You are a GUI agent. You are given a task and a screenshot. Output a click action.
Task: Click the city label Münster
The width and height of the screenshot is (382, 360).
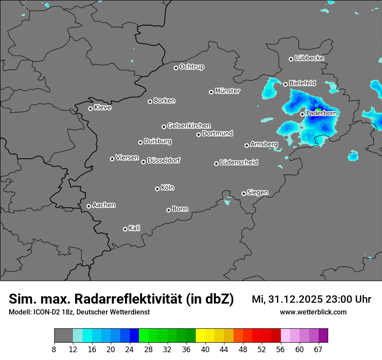pyautogui.click(x=227, y=91)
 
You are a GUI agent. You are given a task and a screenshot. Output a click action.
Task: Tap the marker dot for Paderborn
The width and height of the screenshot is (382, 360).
pyautogui.click(x=303, y=114)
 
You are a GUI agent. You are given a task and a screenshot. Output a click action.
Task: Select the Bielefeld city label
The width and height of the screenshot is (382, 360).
pyautogui.click(x=303, y=83)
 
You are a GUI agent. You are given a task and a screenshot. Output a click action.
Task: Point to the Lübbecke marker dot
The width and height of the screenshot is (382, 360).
pyautogui.click(x=291, y=59)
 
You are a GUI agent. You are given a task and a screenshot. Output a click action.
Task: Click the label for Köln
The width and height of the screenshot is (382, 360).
pyautogui.click(x=168, y=188)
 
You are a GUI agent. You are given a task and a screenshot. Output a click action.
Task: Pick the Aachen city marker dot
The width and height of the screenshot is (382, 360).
pyautogui.click(x=89, y=206)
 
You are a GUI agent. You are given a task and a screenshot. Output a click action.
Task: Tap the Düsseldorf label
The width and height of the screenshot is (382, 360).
pyautogui.click(x=164, y=160)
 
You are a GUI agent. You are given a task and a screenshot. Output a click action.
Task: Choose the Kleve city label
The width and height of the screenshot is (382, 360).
pyautogui.click(x=102, y=108)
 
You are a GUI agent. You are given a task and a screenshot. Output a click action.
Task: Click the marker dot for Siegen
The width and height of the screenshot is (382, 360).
pyautogui.click(x=244, y=193)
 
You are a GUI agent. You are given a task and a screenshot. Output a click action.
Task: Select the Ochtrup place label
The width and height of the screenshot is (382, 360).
pyautogui.click(x=192, y=67)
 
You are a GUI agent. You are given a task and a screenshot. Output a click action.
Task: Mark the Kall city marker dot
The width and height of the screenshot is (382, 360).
pyautogui.click(x=125, y=229)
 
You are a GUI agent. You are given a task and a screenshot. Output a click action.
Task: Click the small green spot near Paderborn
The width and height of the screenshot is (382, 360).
pyautogui.click(x=318, y=110)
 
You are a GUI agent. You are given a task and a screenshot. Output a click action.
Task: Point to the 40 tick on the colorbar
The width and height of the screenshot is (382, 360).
pyautogui.click(x=205, y=349)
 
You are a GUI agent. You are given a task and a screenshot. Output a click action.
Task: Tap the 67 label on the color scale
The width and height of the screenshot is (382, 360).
pyautogui.click(x=318, y=349)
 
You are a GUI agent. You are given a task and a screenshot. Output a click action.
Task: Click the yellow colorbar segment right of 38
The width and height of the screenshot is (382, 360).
pyautogui.click(x=200, y=336)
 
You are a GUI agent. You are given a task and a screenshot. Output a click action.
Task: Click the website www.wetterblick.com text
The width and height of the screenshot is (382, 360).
pyautogui.click(x=313, y=312)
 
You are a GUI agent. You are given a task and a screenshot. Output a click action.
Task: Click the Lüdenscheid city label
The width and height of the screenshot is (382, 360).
pyautogui.click(x=239, y=163)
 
